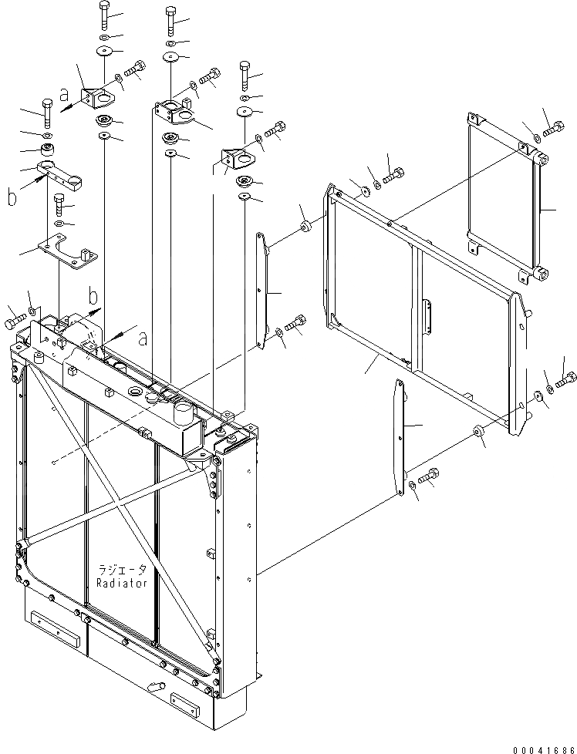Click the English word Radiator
click(x=122, y=584)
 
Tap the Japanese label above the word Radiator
click(x=122, y=571)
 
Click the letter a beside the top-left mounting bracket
click(x=64, y=96)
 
